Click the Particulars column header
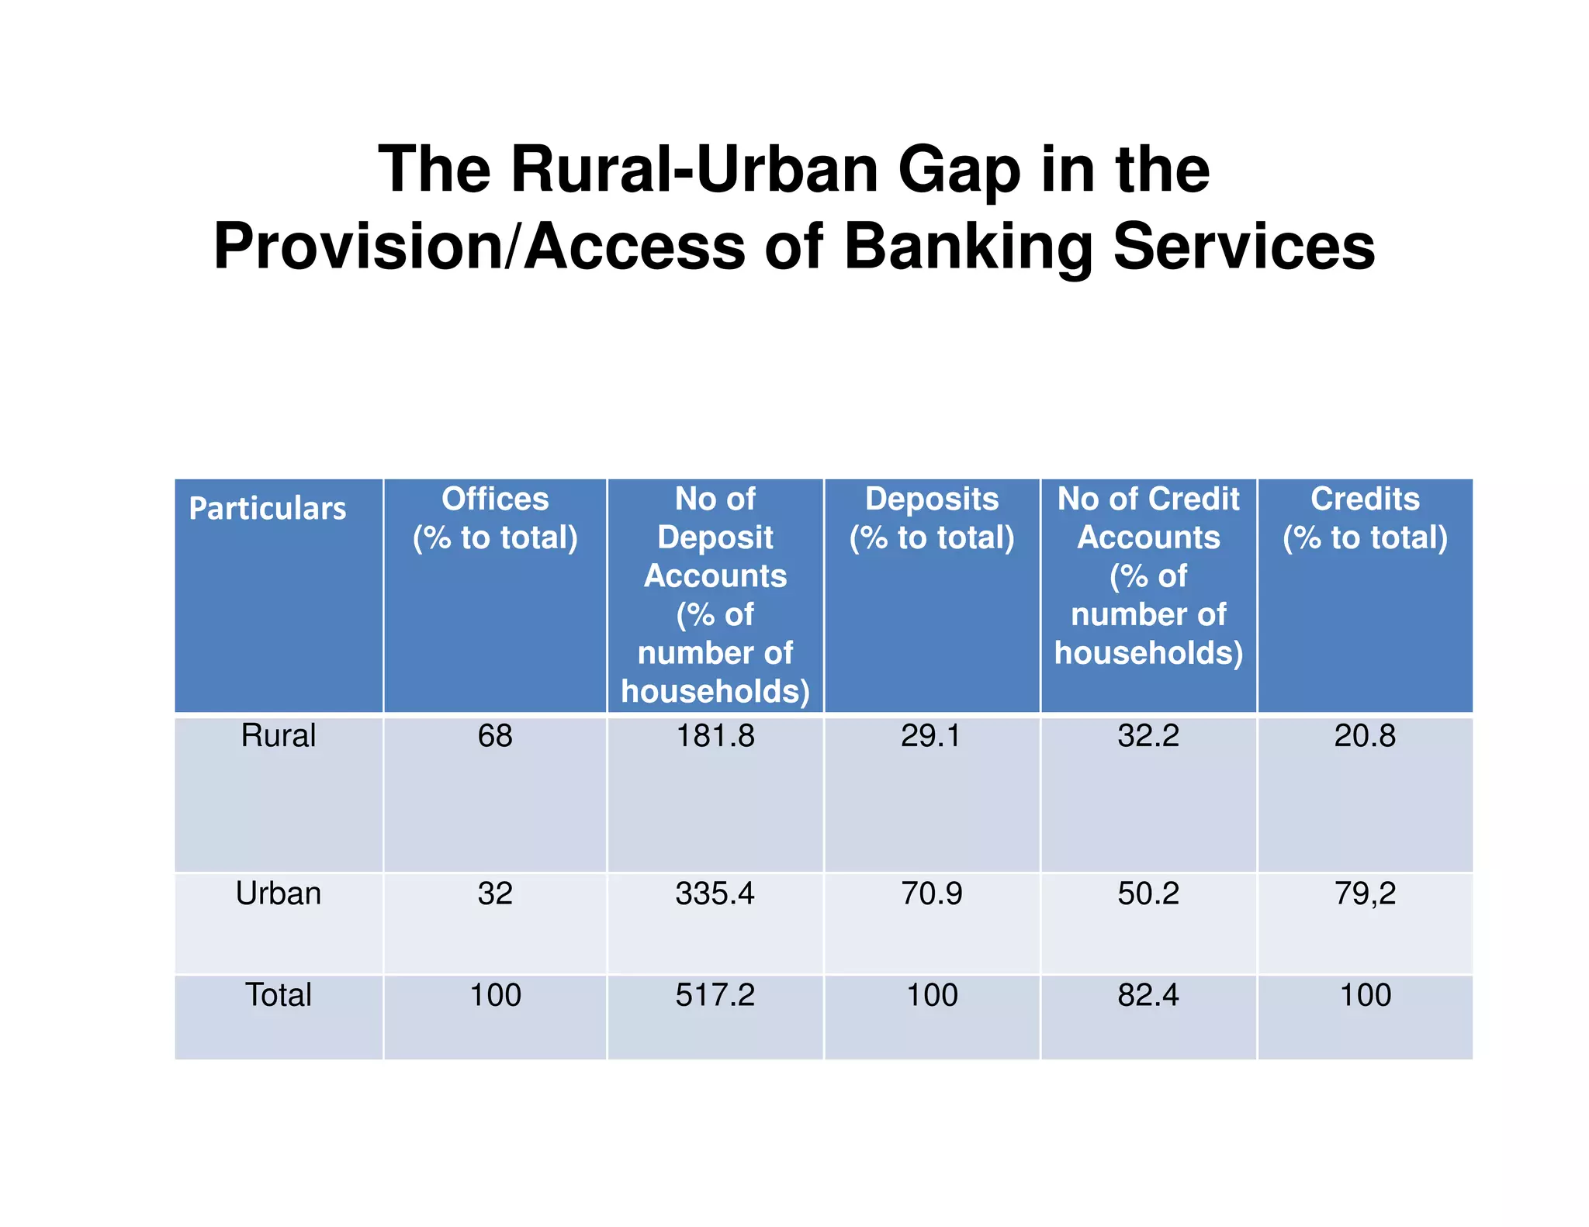267,509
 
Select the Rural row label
278,735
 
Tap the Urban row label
278,893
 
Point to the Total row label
278,994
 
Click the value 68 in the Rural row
495,735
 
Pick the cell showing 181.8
715,735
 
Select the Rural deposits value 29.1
931,735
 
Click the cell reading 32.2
1148,735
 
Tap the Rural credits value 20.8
1365,735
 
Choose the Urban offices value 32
495,893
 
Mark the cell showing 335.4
715,893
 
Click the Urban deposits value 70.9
931,893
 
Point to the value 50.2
1148,893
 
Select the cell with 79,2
1365,893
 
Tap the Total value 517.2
715,994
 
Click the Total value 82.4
1148,994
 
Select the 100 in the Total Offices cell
495,994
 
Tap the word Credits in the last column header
1365,499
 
